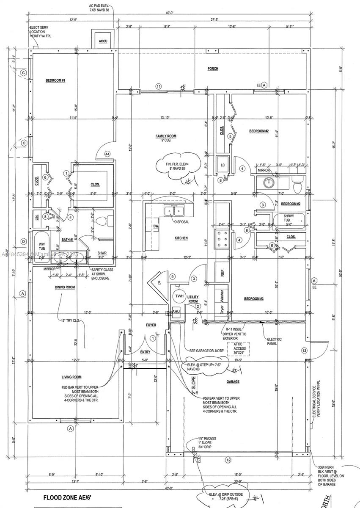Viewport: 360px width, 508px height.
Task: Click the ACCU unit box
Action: [x=103, y=40]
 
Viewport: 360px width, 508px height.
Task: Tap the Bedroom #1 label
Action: [x=55, y=80]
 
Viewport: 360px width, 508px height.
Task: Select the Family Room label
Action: [x=166, y=136]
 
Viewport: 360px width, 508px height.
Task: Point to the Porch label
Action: [x=212, y=69]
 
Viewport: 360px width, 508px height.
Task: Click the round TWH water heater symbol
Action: [x=179, y=296]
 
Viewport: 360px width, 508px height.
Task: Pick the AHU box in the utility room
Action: [x=176, y=312]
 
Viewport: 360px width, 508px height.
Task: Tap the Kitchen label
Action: [x=181, y=238]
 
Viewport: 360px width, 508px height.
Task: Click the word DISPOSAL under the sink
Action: [x=181, y=221]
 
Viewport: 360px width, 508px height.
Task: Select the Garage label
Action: [x=232, y=381]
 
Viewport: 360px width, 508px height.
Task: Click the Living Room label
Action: [x=71, y=377]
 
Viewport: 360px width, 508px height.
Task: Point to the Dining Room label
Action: [x=65, y=287]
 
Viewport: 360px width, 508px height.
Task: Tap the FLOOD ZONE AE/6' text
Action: [x=68, y=498]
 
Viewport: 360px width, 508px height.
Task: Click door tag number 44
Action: [x=107, y=155]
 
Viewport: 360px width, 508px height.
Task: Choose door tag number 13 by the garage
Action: [x=304, y=350]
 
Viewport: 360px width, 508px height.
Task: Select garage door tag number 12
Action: [x=228, y=460]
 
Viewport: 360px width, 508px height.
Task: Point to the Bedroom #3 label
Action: [x=254, y=299]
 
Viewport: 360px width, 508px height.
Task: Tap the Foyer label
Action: [x=151, y=325]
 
